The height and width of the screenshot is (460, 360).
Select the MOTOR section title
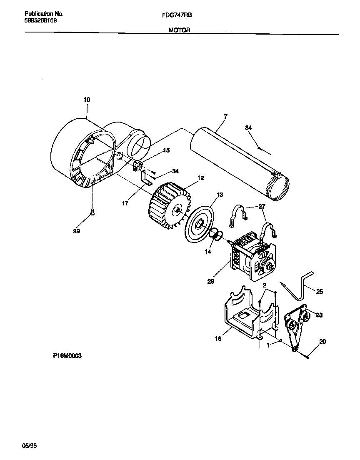click(180, 30)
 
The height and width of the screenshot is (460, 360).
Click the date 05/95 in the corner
click(29, 445)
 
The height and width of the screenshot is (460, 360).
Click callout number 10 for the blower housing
click(86, 100)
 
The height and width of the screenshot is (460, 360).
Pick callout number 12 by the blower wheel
click(200, 178)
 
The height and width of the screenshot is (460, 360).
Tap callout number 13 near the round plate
click(220, 195)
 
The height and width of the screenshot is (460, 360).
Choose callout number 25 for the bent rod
click(320, 292)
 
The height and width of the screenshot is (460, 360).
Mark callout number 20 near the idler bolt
click(322, 342)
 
